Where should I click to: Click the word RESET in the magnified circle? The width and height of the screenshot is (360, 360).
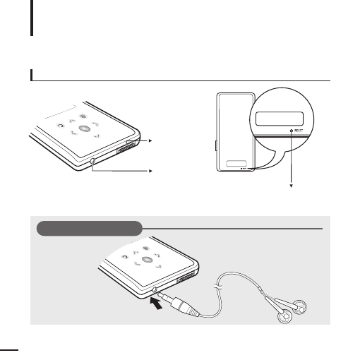(x=299, y=131)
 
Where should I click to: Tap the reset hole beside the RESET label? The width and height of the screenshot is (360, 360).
(x=292, y=131)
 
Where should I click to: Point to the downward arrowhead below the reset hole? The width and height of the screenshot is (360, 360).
(x=292, y=186)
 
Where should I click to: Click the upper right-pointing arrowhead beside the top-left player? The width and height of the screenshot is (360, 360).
(x=150, y=141)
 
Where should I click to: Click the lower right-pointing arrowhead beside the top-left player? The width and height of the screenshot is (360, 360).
(x=150, y=171)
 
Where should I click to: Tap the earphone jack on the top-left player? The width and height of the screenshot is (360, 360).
(x=92, y=161)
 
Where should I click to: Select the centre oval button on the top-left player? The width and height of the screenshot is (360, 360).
(x=84, y=128)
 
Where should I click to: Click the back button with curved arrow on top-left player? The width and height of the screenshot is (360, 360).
(x=61, y=126)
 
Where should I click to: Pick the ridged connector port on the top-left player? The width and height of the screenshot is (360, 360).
(x=126, y=149)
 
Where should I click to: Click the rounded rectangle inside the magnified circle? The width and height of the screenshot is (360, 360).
(x=280, y=119)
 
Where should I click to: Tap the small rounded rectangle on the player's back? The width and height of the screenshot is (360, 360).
(x=236, y=164)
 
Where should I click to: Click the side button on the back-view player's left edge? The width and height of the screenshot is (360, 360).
(x=216, y=145)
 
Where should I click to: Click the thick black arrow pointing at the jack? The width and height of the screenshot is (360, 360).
(x=156, y=304)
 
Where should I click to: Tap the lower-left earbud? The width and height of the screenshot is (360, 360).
(x=285, y=316)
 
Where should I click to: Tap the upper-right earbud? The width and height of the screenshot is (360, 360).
(x=299, y=306)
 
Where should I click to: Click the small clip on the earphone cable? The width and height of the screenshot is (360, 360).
(x=217, y=287)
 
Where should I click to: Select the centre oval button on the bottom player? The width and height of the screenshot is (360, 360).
(x=148, y=260)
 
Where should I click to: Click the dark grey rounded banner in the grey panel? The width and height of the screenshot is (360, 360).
(x=90, y=228)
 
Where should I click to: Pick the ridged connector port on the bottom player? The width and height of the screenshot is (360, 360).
(x=186, y=276)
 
